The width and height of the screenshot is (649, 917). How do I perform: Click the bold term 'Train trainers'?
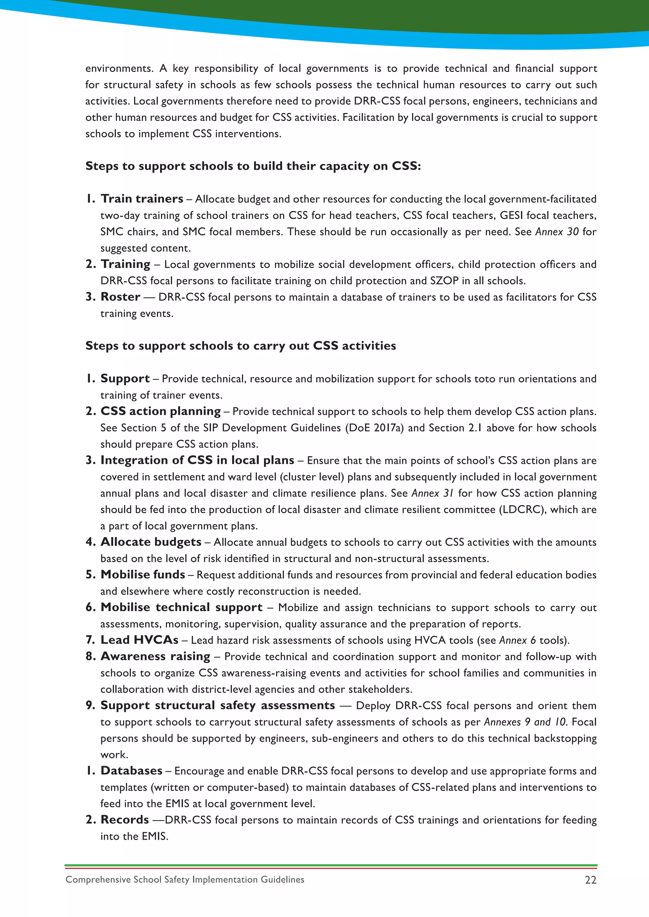pyautogui.click(x=142, y=199)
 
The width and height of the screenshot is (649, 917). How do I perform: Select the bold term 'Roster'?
pyautogui.click(x=120, y=297)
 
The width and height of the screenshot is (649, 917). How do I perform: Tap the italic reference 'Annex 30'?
pyautogui.click(x=557, y=232)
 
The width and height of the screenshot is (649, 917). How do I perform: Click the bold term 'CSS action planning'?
pyautogui.click(x=161, y=411)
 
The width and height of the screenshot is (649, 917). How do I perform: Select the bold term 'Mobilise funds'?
pyautogui.click(x=143, y=575)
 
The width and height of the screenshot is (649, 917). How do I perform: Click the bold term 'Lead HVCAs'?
pyautogui.click(x=139, y=640)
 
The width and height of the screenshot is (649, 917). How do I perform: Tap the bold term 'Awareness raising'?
pyautogui.click(x=156, y=657)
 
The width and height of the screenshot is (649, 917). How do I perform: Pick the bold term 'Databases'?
pyautogui.click(x=132, y=771)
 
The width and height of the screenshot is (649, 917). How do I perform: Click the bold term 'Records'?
pyautogui.click(x=125, y=820)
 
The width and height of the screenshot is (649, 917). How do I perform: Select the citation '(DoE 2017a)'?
pyautogui.click(x=374, y=428)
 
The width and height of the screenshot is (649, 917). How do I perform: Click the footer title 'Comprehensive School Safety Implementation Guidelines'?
pyautogui.click(x=185, y=879)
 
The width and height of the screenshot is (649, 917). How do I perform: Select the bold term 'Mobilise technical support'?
pyautogui.click(x=182, y=607)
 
